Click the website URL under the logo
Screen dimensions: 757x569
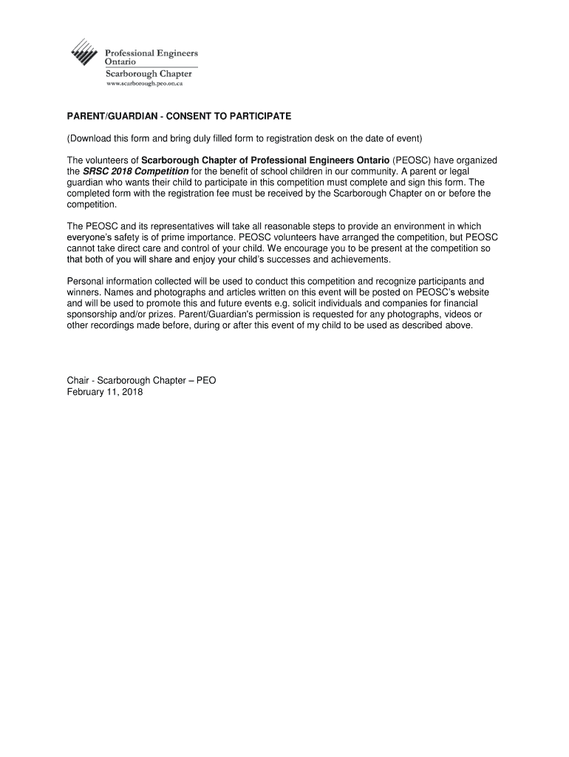(144, 84)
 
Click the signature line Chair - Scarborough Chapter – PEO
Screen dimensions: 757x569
(141, 381)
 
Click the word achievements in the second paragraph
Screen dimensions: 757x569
(350, 259)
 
